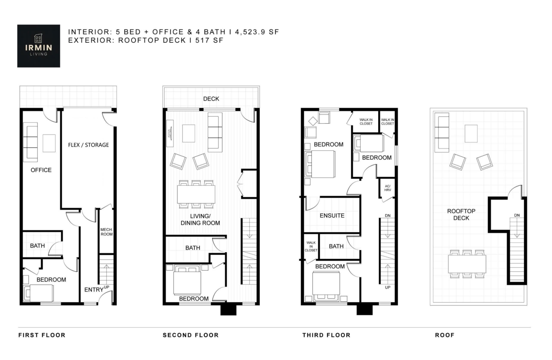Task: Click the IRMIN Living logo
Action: [39, 46]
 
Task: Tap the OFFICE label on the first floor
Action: [41, 170]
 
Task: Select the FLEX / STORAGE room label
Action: [88, 145]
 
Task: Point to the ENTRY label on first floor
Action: [93, 290]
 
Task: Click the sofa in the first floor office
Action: [31, 142]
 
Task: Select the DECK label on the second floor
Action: [211, 99]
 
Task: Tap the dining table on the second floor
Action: [196, 194]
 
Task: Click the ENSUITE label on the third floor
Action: [332, 215]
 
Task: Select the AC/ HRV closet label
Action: [387, 189]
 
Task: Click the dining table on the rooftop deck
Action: [467, 263]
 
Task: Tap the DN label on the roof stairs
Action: [517, 215]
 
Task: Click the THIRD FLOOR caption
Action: [326, 335]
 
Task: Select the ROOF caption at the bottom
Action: [444, 335]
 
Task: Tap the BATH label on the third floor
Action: [336, 246]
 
